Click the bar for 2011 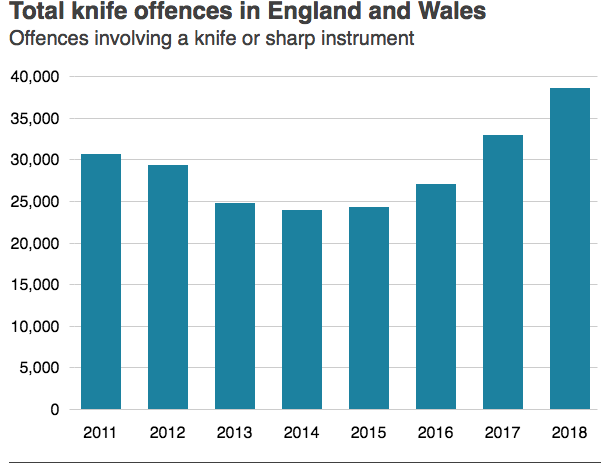tap(101, 282)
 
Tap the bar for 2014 tap(302, 310)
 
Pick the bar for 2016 tap(436, 297)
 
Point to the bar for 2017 tap(503, 272)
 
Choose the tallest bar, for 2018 tap(570, 249)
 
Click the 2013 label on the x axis tap(235, 433)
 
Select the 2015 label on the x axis tap(369, 433)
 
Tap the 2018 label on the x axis tap(570, 433)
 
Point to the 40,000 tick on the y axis tap(35, 77)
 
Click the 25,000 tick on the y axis tap(35, 202)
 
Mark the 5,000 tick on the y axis tap(39, 368)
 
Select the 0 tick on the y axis tap(55, 410)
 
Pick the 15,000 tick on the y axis tap(35, 285)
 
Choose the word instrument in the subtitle tap(363, 41)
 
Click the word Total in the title tap(37, 14)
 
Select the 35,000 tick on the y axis tap(35, 119)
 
